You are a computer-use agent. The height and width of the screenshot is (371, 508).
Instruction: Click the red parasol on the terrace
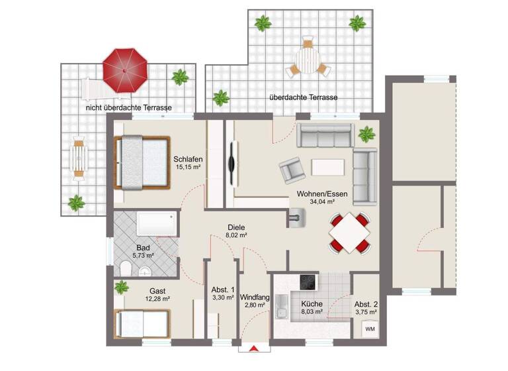(x=124, y=70)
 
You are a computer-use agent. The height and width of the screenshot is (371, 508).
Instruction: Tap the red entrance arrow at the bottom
(x=254, y=348)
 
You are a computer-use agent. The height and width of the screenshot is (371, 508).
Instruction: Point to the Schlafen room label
(x=188, y=159)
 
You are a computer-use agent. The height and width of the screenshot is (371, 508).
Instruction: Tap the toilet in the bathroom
(x=126, y=267)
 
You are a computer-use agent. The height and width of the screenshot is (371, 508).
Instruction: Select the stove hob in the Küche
(x=308, y=282)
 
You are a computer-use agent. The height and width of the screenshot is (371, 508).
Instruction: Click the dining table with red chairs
(x=350, y=233)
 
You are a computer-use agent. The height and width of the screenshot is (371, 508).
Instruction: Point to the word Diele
(x=236, y=226)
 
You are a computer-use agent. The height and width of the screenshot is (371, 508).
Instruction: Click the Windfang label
(x=255, y=297)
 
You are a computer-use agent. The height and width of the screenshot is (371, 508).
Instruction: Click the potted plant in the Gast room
(x=121, y=288)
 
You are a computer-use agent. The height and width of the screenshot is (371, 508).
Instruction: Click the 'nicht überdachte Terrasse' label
(x=129, y=107)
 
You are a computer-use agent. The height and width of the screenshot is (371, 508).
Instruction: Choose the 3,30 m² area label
(x=223, y=298)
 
